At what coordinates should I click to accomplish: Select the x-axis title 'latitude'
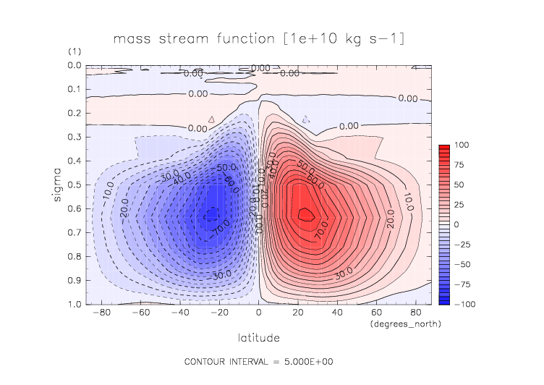tap(258, 337)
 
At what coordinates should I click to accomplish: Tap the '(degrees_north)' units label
tap(404, 324)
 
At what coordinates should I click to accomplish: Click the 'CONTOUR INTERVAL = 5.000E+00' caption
tap(258, 361)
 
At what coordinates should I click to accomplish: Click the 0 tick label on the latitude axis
tap(258, 313)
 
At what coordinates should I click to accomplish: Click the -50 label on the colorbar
tap(462, 264)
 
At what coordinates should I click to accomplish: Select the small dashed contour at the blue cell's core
tap(211, 214)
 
